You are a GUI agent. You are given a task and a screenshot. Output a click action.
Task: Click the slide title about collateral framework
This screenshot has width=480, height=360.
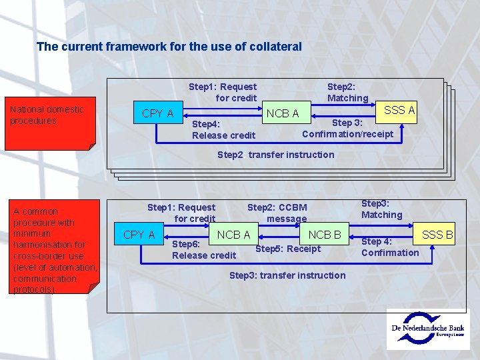coord(169,47)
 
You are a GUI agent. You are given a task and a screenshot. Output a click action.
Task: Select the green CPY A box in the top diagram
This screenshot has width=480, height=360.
coord(158,113)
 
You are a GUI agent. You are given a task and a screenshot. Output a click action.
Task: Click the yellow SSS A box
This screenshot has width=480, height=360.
coord(399,111)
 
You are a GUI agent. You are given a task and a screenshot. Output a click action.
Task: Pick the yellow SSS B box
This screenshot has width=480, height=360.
coord(437,235)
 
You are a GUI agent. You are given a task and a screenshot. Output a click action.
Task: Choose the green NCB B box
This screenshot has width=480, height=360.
coord(325,235)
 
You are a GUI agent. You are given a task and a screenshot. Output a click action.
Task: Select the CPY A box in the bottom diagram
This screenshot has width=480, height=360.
coord(139,235)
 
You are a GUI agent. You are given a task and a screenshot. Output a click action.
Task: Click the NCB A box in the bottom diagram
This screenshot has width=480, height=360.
coord(233,235)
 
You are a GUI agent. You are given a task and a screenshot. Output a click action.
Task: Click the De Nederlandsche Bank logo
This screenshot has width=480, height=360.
coord(428,329)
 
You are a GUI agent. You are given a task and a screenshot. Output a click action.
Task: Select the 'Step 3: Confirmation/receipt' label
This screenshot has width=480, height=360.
coord(347,129)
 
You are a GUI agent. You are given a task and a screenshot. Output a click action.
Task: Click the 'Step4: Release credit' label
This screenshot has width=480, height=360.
coord(223,130)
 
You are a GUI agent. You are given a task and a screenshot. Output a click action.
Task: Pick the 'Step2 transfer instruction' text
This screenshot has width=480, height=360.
coord(276,155)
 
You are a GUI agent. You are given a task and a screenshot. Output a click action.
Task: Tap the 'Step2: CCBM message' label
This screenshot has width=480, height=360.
coord(277,213)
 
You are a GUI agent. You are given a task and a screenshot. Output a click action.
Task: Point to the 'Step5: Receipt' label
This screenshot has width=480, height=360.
coord(288,249)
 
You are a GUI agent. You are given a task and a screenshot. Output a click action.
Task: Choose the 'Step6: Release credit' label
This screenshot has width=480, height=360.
coord(203,250)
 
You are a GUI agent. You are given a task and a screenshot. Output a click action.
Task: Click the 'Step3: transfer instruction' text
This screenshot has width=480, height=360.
coord(287,275)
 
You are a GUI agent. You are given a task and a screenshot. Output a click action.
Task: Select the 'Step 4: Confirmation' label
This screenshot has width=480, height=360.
coord(390,247)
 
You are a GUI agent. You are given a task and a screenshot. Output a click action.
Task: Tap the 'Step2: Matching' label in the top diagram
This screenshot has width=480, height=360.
coord(347,92)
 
